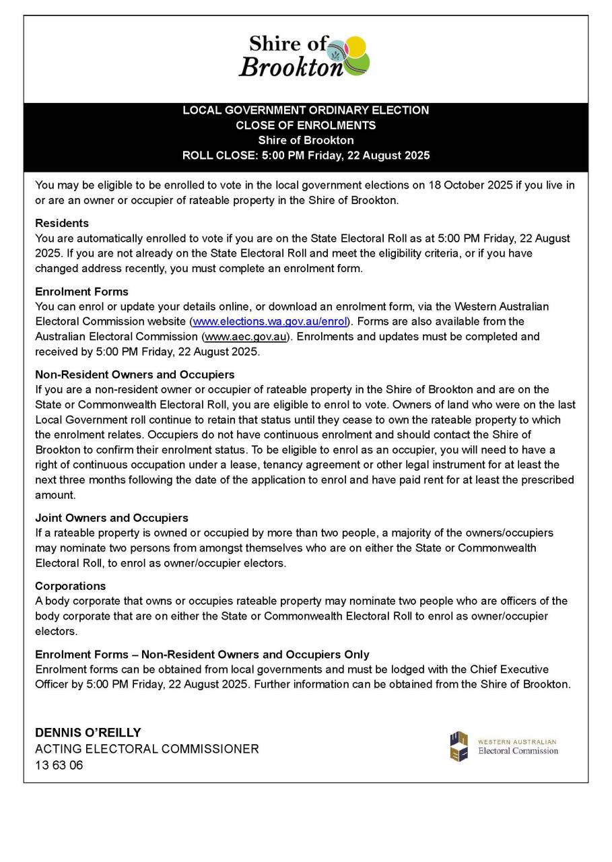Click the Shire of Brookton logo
click(x=305, y=57)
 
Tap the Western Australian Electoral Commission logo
click(x=504, y=746)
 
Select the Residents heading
click(x=62, y=223)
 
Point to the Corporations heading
click(x=70, y=586)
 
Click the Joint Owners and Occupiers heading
click(x=111, y=518)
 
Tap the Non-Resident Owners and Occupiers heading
click(x=135, y=374)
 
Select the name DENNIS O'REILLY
click(x=88, y=733)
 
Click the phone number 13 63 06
click(x=59, y=765)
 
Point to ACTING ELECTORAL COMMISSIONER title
click(x=147, y=749)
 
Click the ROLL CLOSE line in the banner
click(x=306, y=156)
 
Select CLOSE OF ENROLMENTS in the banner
click(x=306, y=125)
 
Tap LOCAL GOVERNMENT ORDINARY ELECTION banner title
click(x=306, y=110)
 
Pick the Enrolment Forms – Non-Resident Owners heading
click(x=202, y=655)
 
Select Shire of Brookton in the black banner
click(x=306, y=140)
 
